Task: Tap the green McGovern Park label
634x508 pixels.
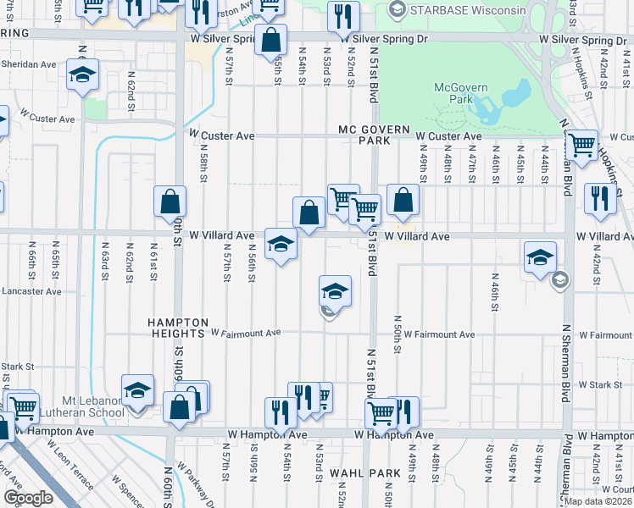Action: point(457,92)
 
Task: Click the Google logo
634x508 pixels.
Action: point(28,497)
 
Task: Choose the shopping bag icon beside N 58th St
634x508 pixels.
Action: point(170,202)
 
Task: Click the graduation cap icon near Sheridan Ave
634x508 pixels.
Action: point(83,75)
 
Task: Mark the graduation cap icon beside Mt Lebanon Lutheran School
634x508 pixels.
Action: point(137,389)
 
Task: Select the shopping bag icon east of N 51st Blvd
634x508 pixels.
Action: point(403,200)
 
